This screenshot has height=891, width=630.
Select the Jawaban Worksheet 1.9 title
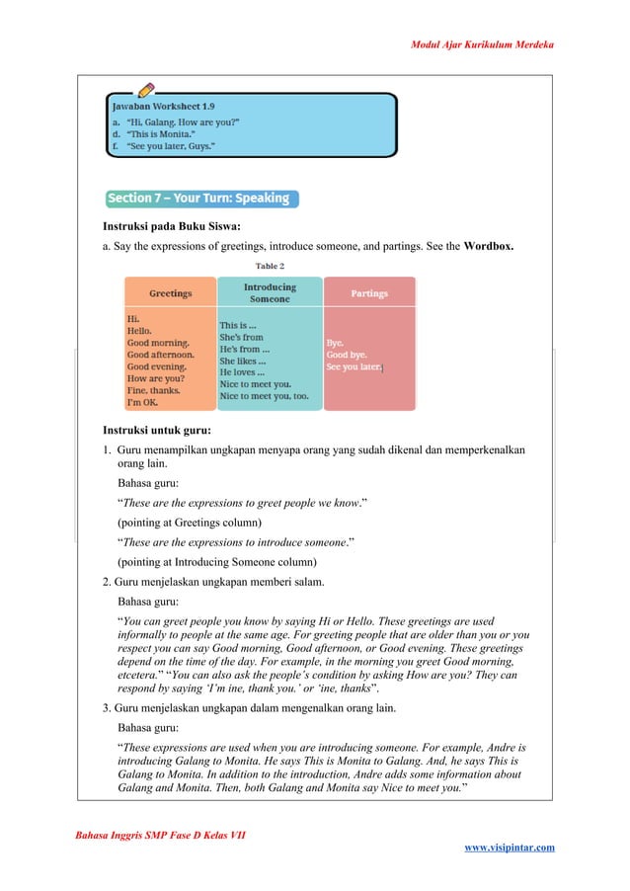163,105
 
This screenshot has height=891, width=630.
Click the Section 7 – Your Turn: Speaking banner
199,199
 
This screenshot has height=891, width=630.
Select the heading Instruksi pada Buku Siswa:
172,226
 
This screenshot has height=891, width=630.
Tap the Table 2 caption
270,266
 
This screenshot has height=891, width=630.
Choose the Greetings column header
170,293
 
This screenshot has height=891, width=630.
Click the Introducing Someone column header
270,292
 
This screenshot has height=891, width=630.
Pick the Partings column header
369,293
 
